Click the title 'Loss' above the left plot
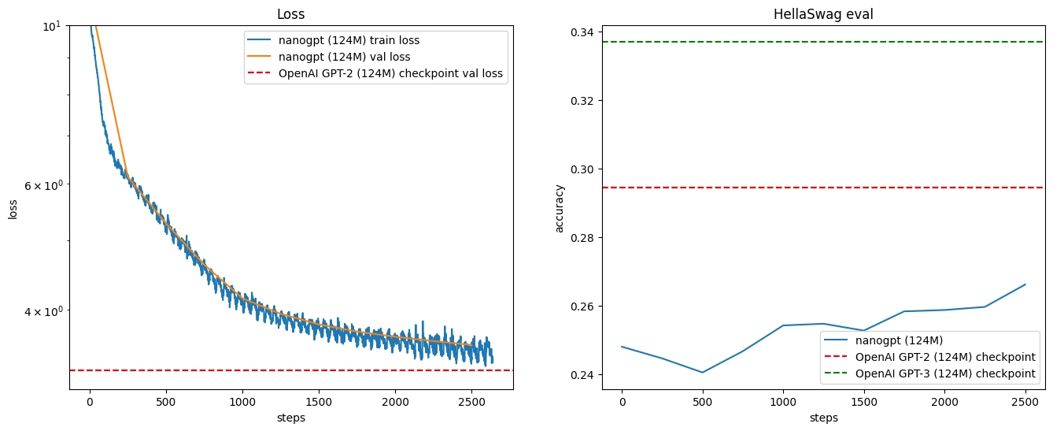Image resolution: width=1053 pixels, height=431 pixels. coord(291,14)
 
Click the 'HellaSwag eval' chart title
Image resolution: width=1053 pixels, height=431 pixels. coord(823,14)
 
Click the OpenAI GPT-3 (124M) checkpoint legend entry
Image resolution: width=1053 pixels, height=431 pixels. coord(944,373)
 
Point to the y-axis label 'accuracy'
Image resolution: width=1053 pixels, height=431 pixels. coord(560,208)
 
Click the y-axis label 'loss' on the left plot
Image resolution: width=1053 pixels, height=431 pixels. coord(13,208)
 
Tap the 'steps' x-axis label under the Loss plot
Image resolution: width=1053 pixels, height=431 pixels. coord(291,418)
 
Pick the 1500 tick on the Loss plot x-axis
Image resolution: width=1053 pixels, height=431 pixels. coord(318,402)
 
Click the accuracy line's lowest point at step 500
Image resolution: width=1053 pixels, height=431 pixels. coord(702,372)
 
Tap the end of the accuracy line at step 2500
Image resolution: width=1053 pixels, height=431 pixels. coord(1025,284)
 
